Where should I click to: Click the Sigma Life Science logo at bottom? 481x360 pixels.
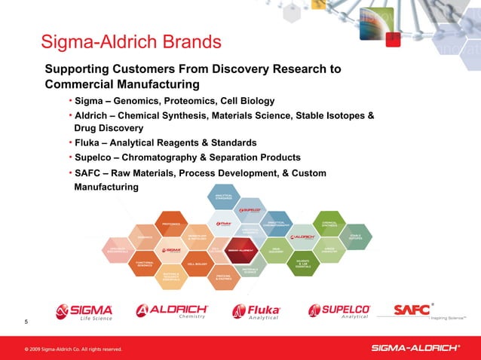[x=84, y=313]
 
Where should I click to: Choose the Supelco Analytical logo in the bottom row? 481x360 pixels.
[x=339, y=313]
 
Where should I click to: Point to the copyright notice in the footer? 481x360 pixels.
[x=72, y=349]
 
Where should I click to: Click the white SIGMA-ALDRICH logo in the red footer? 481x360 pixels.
[x=415, y=347]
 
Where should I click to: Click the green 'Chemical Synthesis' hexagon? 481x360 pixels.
[x=329, y=223]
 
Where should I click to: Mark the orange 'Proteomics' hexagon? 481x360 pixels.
[x=170, y=224]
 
